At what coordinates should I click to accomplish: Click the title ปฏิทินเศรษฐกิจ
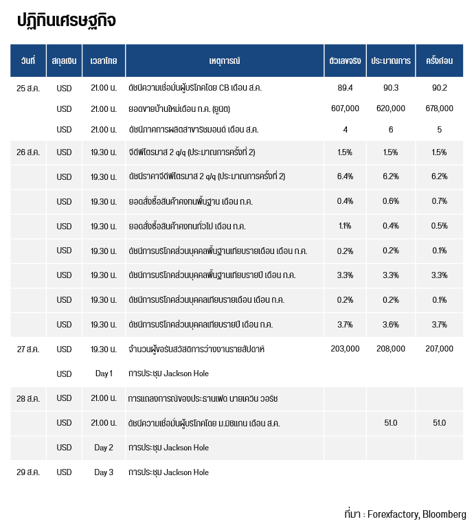coord(67,21)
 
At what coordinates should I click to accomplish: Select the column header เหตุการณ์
coord(225,60)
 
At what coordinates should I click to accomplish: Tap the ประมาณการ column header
coord(391,60)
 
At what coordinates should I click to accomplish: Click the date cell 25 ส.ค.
coord(28,88)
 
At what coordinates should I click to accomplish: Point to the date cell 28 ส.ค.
coord(28,399)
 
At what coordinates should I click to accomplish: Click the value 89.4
coord(345,88)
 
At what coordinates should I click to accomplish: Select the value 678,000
coord(439,108)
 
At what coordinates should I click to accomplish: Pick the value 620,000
coord(391,108)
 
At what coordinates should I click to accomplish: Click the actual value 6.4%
coord(345,176)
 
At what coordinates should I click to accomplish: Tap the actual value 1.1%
coord(345,226)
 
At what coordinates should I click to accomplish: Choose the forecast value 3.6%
coord(391,325)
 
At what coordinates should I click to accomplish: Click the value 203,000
coord(345,349)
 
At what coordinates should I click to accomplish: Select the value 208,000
coord(391,349)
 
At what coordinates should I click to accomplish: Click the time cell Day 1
coord(104,374)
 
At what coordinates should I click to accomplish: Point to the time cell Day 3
coord(104,472)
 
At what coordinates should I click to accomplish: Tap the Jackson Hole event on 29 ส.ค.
coord(168,472)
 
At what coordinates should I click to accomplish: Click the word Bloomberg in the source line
coord(444,514)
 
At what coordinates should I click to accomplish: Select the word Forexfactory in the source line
coord(394,514)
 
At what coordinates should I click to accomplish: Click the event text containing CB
coord(195,88)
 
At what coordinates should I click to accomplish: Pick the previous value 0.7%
coord(439,201)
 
